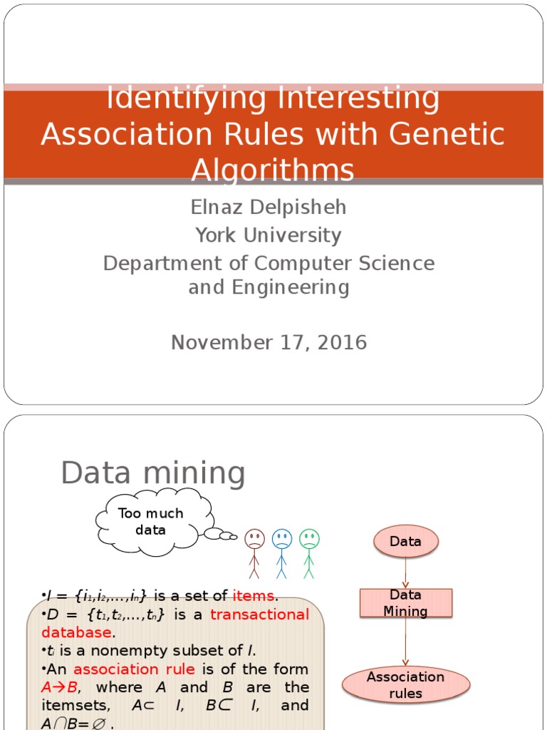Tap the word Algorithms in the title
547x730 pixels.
(x=273, y=170)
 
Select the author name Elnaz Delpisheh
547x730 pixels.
(x=269, y=207)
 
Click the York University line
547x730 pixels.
(x=269, y=235)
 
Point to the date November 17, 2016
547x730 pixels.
(x=269, y=342)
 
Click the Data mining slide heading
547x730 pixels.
(x=152, y=473)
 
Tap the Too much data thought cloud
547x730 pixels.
(x=151, y=522)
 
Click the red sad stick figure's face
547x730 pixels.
(x=254, y=539)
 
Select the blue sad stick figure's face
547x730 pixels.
(x=282, y=539)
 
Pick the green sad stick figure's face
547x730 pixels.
(x=309, y=539)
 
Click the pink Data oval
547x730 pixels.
(x=405, y=542)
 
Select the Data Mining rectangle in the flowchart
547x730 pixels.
(x=405, y=603)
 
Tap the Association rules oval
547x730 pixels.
(x=405, y=684)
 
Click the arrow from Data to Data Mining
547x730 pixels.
(x=405, y=573)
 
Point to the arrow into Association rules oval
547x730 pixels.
(x=405, y=642)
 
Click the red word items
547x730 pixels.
(x=253, y=596)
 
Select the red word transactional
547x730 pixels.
(x=259, y=615)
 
